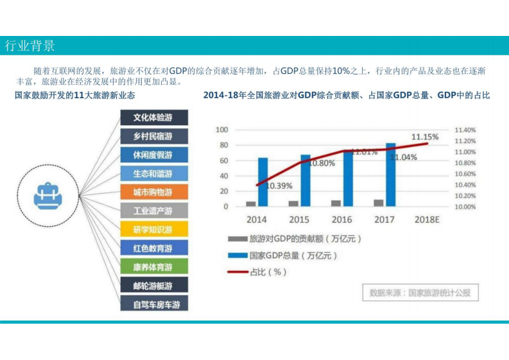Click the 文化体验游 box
click(x=154, y=117)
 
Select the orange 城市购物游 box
click(x=154, y=192)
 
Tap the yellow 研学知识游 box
click(x=154, y=229)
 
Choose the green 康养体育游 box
click(x=154, y=266)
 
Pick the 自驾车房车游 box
click(x=154, y=304)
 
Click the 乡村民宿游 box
click(x=154, y=136)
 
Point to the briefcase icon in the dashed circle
click(x=47, y=192)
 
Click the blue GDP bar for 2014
click(x=263, y=182)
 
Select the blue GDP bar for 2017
click(x=390, y=175)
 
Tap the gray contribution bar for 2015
click(x=293, y=203)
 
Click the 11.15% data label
click(x=425, y=137)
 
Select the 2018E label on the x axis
click(x=426, y=219)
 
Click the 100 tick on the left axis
click(x=221, y=130)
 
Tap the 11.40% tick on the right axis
click(x=464, y=130)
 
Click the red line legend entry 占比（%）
click(x=257, y=271)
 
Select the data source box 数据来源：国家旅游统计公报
click(x=420, y=293)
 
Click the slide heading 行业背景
click(x=30, y=46)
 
